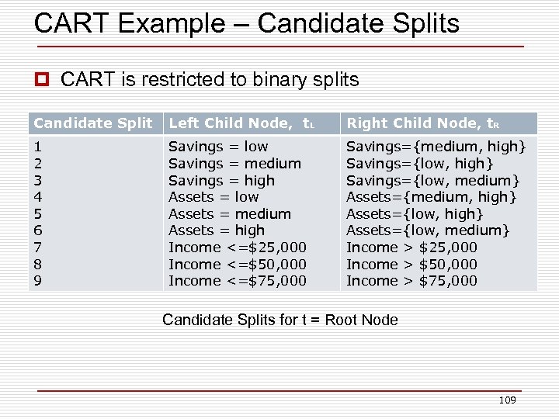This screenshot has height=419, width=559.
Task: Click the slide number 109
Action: [507, 400]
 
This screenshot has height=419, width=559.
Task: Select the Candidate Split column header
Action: [93, 123]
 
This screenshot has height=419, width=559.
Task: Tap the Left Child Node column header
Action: [241, 123]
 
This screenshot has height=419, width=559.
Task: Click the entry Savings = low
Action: [218, 147]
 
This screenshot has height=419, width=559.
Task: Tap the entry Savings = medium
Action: [234, 164]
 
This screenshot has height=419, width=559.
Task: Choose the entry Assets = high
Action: [217, 230]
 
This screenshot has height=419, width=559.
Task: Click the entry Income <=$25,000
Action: [238, 248]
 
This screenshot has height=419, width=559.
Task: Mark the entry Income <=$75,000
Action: [238, 281]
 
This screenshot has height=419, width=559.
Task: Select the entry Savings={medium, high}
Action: [436, 147]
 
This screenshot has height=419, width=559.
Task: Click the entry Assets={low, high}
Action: [415, 214]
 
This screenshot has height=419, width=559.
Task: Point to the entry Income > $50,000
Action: [411, 265]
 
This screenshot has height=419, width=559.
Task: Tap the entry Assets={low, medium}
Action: [428, 230]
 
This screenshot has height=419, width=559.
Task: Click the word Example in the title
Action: [166, 23]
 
